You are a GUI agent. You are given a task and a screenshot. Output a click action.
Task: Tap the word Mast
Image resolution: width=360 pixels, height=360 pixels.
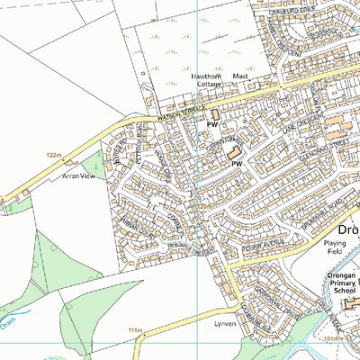click(240, 77)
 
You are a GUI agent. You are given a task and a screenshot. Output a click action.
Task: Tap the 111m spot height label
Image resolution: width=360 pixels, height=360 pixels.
click(136, 330)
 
